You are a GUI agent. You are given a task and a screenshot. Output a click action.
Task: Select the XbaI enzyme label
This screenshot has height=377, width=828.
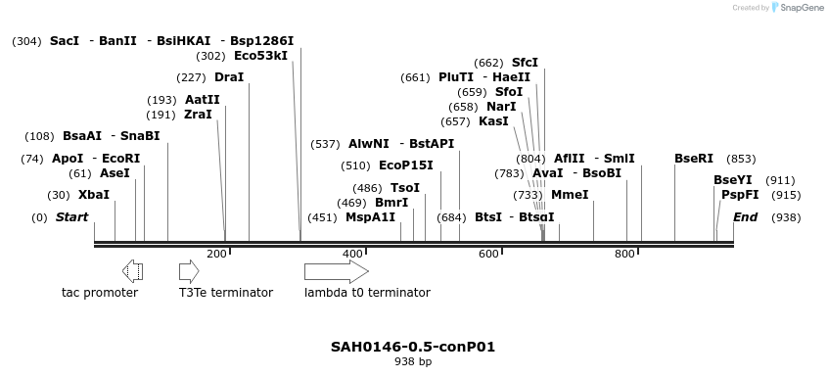click(x=93, y=195)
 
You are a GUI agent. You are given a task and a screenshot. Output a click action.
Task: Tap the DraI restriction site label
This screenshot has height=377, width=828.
click(x=228, y=77)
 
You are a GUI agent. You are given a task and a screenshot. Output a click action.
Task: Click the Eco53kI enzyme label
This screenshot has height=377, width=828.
click(x=260, y=56)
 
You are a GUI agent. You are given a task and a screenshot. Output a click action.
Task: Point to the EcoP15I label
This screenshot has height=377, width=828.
click(x=405, y=165)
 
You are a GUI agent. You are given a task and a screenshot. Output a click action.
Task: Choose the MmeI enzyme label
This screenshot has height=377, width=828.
click(x=570, y=195)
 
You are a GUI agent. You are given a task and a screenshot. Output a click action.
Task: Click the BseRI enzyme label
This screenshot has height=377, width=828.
click(x=694, y=159)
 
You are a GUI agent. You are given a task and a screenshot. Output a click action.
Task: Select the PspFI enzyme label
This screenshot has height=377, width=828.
click(x=740, y=195)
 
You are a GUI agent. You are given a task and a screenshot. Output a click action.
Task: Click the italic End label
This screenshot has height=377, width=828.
click(x=746, y=217)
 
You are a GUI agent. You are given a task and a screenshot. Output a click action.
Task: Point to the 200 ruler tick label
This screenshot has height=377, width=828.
click(x=216, y=255)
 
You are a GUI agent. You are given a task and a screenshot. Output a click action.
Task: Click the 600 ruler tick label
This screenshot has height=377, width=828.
click(x=488, y=255)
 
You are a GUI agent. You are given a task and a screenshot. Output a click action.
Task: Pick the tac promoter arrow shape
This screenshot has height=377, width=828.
click(x=133, y=271)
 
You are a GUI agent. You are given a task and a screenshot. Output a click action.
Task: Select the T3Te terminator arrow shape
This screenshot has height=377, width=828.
click(x=189, y=271)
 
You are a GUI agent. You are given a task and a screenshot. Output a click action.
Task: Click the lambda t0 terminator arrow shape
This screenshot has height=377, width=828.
click(x=336, y=271)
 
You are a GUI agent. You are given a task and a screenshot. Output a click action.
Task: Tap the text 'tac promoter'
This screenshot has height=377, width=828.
click(x=100, y=293)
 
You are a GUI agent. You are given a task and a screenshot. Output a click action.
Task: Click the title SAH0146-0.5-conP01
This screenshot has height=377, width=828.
click(x=413, y=347)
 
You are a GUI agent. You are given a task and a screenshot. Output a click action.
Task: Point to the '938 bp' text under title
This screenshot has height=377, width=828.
click(x=413, y=362)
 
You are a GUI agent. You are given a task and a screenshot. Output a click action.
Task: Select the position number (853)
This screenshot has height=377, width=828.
click(x=742, y=159)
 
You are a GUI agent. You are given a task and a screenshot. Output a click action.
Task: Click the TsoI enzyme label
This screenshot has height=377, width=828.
click(x=405, y=188)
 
